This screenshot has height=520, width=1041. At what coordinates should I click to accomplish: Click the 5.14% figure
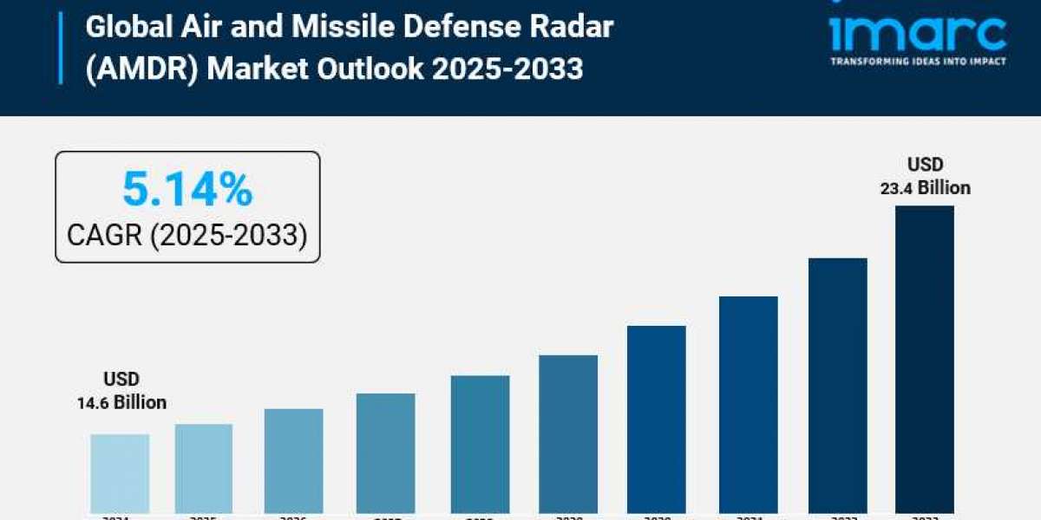(187, 189)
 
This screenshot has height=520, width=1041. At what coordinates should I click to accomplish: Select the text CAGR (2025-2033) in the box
(187, 234)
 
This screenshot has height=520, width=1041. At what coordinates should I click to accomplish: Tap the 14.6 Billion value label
(121, 403)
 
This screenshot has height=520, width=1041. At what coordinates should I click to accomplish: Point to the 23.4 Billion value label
(926, 187)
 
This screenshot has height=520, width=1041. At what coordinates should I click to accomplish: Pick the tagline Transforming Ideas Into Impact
(918, 61)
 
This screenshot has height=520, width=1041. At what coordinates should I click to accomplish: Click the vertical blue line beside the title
(61, 48)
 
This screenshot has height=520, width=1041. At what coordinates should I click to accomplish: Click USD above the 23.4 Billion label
(926, 165)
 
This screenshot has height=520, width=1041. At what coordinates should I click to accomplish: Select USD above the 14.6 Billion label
(121, 380)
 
